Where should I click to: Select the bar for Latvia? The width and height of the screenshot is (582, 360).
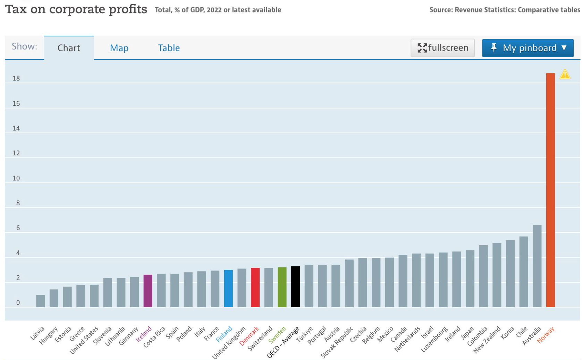click(41, 301)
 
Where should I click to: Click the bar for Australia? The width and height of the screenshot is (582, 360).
click(537, 266)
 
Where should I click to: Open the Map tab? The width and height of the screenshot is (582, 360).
click(119, 48)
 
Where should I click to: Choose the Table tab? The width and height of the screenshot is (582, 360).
click(169, 48)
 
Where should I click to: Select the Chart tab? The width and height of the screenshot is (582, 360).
click(69, 48)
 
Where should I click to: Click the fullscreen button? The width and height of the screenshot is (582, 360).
click(442, 48)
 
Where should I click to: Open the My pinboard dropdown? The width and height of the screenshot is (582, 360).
click(528, 48)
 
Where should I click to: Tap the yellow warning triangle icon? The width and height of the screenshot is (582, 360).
click(565, 74)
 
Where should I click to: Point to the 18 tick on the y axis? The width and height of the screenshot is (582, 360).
click(16, 78)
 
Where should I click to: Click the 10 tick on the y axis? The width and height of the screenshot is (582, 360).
click(16, 178)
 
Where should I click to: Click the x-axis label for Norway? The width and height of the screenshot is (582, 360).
click(546, 335)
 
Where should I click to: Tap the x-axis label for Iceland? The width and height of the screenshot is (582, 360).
click(144, 334)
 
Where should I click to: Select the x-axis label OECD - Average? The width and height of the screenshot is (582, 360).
click(283, 342)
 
